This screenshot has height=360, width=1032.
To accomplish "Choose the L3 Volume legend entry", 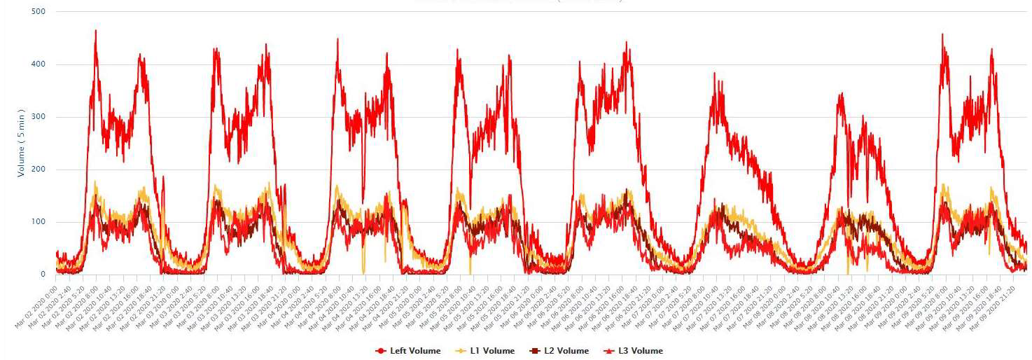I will (x=639, y=351).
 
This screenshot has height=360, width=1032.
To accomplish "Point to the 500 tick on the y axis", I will (x=39, y=12).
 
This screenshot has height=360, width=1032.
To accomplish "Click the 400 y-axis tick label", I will (x=39, y=64).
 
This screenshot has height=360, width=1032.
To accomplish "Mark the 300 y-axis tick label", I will (x=39, y=117).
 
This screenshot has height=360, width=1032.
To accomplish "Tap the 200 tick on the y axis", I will (x=39, y=169).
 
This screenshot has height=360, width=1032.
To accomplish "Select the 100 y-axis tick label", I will (x=39, y=222).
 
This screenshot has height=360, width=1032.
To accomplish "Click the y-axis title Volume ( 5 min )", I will (x=21, y=143).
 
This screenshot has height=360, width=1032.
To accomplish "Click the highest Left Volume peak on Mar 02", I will (x=95, y=31).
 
